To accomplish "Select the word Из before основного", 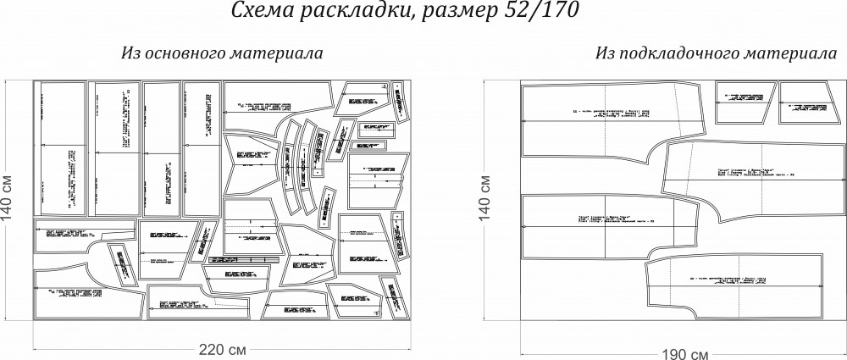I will (x=130, y=53).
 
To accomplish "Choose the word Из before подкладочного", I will (x=604, y=53).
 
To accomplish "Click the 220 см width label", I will (x=223, y=350).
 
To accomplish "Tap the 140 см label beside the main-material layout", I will (x=8, y=201).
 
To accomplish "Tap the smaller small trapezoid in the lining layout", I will (x=808, y=103).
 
